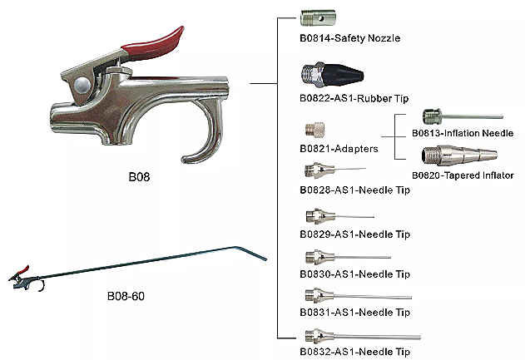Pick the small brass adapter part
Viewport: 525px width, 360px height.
[315, 130]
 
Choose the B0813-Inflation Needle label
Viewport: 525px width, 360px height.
[463, 132]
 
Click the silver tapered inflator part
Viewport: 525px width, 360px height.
[458, 155]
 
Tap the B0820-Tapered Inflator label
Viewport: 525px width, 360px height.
[463, 175]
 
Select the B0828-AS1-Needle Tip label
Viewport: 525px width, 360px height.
[354, 190]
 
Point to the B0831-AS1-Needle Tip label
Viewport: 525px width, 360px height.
[354, 312]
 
